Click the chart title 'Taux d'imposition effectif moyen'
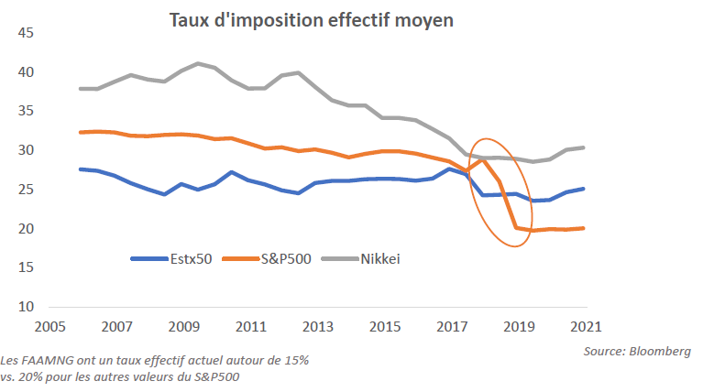311,20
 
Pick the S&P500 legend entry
285,258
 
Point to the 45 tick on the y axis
25,34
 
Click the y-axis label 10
25,306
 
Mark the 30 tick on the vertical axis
25,150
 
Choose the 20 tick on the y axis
25,228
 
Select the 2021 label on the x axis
585,325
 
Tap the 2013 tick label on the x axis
317,325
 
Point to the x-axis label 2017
451,325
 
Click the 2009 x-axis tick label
183,325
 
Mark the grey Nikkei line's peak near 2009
198,63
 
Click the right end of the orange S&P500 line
584,228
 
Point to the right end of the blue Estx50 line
584,189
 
